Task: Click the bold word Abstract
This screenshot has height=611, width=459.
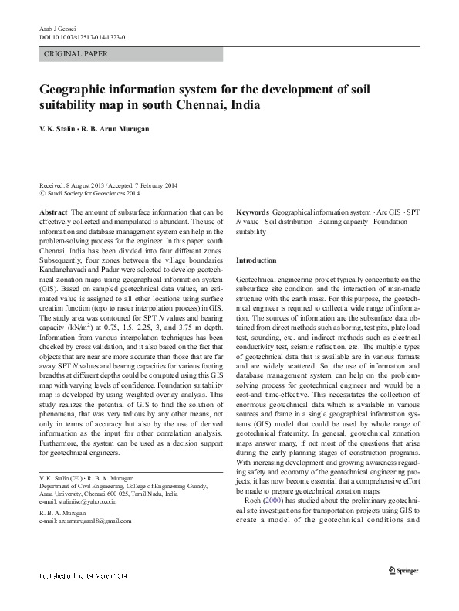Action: [x=52, y=211]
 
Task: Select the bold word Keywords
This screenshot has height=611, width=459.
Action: [x=252, y=211]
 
